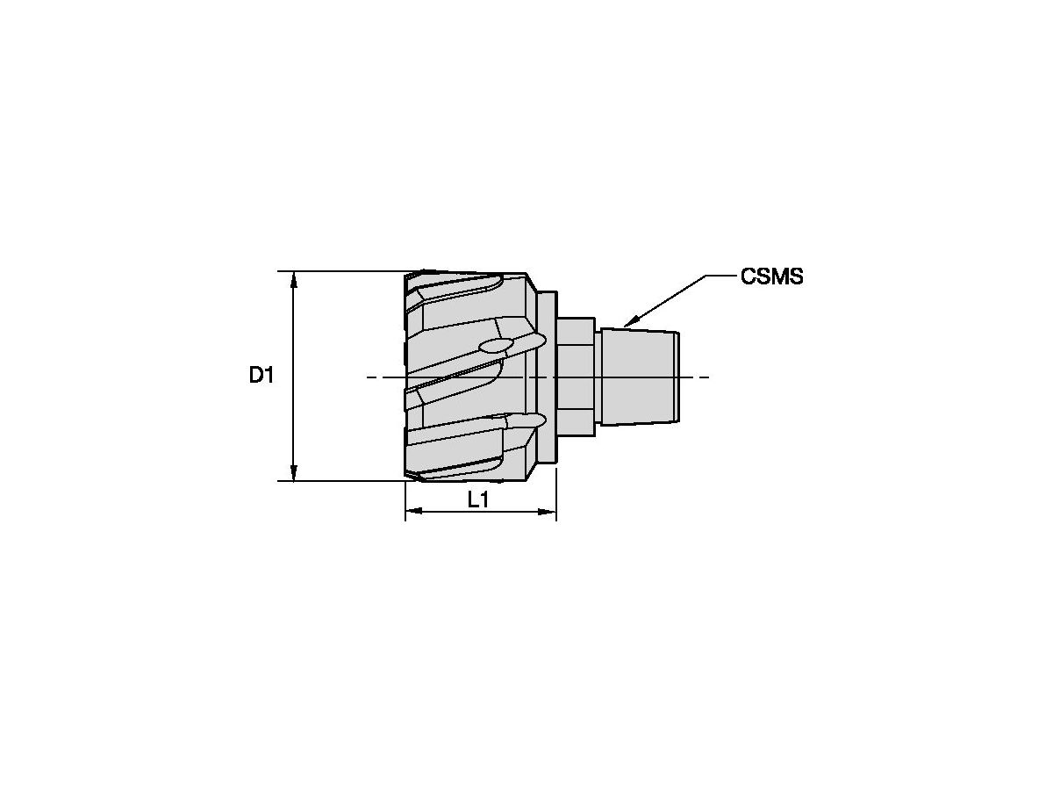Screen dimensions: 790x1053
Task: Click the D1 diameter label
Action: tap(261, 377)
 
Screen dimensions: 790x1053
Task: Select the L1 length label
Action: tap(478, 501)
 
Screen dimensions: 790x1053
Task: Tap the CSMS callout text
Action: tap(771, 276)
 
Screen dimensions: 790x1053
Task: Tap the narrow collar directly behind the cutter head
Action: tap(546, 377)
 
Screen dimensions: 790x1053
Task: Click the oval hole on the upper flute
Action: tap(493, 346)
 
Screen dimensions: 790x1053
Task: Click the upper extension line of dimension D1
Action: tap(351, 271)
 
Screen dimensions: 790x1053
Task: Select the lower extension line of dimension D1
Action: tap(351, 481)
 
